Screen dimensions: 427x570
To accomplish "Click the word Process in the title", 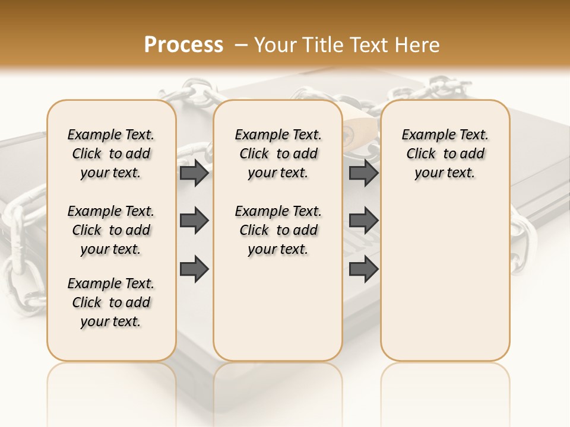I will (183, 45).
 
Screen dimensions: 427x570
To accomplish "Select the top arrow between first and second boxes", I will (194, 173).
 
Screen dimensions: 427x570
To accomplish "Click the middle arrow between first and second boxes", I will (194, 221).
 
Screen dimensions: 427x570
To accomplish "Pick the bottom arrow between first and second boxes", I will (194, 269).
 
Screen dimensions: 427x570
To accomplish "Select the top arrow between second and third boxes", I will (363, 173).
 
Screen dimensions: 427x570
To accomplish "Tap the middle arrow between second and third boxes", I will (363, 221).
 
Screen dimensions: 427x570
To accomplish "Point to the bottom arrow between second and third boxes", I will (363, 269).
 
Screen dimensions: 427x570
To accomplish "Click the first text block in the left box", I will (111, 154).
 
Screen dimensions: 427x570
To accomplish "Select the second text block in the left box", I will (111, 230).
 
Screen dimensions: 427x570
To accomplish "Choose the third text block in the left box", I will (111, 302).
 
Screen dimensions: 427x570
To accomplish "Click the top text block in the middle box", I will (278, 154).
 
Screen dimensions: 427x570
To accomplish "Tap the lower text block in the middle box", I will (278, 230).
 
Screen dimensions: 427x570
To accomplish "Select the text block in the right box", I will (445, 154).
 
